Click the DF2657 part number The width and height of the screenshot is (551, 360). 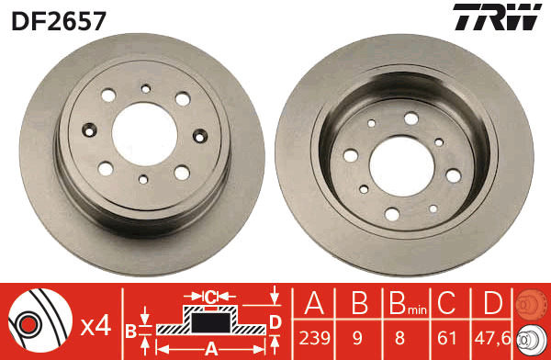(x=59, y=21)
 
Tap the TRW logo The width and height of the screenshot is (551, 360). (x=497, y=17)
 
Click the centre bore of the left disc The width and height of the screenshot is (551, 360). (x=144, y=134)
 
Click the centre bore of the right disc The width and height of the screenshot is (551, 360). (x=402, y=166)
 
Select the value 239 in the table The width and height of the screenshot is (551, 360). (x=314, y=338)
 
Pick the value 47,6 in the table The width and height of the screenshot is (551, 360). (x=492, y=338)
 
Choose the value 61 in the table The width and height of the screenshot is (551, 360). (x=446, y=338)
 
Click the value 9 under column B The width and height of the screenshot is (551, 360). (x=357, y=338)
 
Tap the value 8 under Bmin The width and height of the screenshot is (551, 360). (x=399, y=338)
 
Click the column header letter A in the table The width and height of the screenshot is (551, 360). (x=314, y=303)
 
